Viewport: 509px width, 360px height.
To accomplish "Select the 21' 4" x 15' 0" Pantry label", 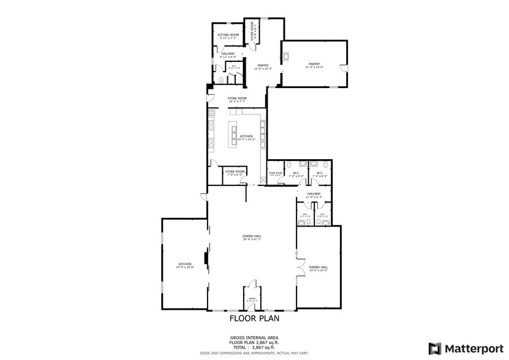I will click(314, 65).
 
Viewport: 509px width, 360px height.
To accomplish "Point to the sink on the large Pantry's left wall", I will click(285, 58).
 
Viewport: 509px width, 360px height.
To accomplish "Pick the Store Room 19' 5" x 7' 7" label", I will click(237, 100).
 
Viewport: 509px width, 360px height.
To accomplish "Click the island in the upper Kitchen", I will click(233, 135).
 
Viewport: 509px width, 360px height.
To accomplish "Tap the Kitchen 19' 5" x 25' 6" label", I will click(246, 137).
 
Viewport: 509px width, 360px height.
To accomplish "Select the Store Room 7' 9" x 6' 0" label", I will click(235, 173).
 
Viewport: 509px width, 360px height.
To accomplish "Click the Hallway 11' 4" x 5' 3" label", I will click(314, 195).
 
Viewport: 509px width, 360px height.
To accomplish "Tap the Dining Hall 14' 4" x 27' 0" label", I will click(318, 268).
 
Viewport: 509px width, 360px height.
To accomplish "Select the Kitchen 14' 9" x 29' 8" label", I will click(181, 265).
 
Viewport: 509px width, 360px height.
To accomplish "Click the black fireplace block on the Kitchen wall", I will click(206, 260).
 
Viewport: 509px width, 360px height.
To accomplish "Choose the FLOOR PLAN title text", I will click(254, 318).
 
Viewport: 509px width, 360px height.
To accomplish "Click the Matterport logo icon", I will click(435, 348).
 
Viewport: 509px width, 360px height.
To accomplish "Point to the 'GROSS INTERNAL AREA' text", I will click(254, 338).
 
